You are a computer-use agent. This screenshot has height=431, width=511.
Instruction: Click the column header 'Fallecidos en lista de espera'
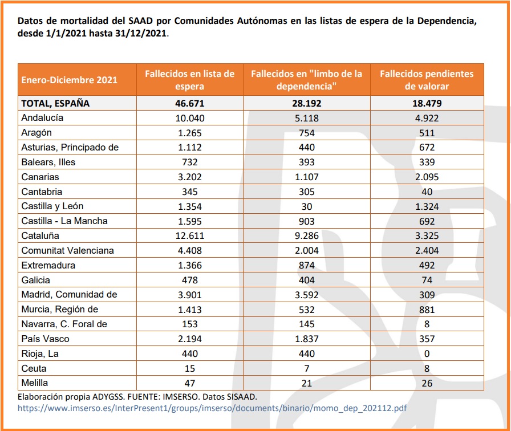coord(189,80)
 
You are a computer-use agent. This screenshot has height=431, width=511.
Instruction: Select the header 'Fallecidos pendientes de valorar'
coord(427,80)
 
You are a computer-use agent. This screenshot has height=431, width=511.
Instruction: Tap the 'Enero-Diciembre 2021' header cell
coord(69,80)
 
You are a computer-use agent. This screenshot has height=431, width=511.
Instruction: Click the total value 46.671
coord(190,103)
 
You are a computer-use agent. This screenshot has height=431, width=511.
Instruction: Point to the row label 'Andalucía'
coord(42,118)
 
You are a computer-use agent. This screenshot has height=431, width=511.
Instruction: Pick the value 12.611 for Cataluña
coord(190,235)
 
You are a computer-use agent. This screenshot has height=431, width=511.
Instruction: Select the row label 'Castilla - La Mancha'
coord(64,221)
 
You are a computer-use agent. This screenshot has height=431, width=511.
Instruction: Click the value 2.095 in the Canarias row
coord(427,177)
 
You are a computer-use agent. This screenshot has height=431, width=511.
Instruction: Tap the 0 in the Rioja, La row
coord(427,353)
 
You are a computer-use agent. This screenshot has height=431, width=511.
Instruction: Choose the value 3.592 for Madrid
coord(307,295)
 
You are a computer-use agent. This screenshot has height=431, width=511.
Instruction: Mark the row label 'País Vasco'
coord(45,339)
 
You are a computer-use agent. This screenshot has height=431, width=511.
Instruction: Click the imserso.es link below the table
coord(212,408)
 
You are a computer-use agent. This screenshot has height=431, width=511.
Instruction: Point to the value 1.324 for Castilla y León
coord(427,206)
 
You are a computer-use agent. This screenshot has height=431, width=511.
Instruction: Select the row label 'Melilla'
coord(35,383)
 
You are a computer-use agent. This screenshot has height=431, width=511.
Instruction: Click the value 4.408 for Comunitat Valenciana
coord(190,250)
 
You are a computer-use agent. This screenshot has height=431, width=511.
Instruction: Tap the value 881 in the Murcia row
coord(427,310)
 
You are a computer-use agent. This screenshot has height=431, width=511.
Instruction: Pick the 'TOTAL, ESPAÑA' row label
coord(55,103)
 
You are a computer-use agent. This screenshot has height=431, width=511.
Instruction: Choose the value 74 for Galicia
coord(427,280)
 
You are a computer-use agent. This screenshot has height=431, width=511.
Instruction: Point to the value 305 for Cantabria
coord(307,192)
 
